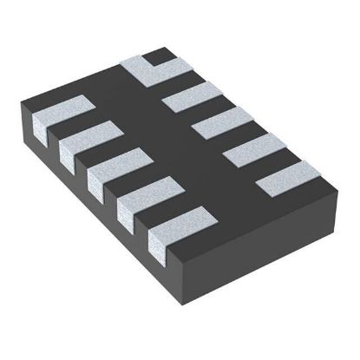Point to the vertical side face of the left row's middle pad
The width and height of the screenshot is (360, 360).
pyautogui.click(x=96, y=184)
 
